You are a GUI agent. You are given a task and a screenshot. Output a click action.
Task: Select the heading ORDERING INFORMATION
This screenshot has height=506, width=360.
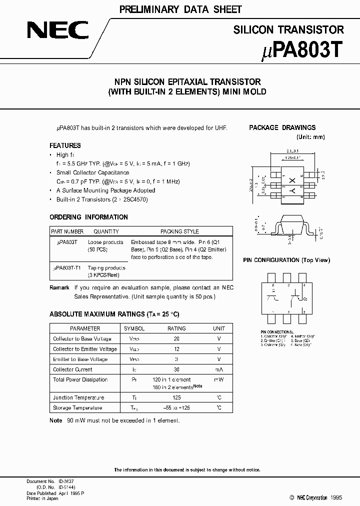pyautogui.click(x=88, y=217)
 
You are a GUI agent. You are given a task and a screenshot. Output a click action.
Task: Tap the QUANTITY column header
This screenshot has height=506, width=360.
pyautogui.click(x=106, y=231)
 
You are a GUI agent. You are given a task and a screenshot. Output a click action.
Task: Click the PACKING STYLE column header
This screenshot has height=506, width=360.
pyautogui.click(x=179, y=231)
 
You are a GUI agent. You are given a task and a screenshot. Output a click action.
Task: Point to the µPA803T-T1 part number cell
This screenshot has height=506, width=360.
pyautogui.click(x=67, y=268)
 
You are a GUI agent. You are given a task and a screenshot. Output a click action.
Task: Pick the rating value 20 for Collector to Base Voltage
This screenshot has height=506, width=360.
pyautogui.click(x=176, y=339)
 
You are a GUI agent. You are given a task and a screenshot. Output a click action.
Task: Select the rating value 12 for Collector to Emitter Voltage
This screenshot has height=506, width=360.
pyautogui.click(x=176, y=349)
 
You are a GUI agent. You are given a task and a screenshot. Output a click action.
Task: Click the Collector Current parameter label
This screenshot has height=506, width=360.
pyautogui.click(x=72, y=369)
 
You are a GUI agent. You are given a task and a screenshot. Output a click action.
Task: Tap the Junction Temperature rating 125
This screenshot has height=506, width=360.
pyautogui.click(x=176, y=397)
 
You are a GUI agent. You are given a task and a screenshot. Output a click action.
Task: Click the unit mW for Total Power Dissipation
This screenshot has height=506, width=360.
pyautogui.click(x=218, y=380)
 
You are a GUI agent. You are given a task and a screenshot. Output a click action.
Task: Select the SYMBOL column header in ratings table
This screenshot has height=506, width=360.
pyautogui.click(x=134, y=328)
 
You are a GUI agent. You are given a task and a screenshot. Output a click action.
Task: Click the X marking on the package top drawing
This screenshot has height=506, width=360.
pyautogui.click(x=293, y=179)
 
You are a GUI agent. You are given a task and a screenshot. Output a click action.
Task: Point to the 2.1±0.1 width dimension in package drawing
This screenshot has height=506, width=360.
pyautogui.click(x=293, y=150)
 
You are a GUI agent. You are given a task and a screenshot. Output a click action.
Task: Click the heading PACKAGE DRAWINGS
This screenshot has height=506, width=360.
pyautogui.click(x=282, y=127)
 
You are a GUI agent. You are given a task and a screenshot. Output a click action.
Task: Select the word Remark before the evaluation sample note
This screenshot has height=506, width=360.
pyautogui.click(x=59, y=287)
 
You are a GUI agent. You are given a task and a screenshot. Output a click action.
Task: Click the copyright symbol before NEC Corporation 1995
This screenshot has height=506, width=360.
pyautogui.click(x=292, y=498)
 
